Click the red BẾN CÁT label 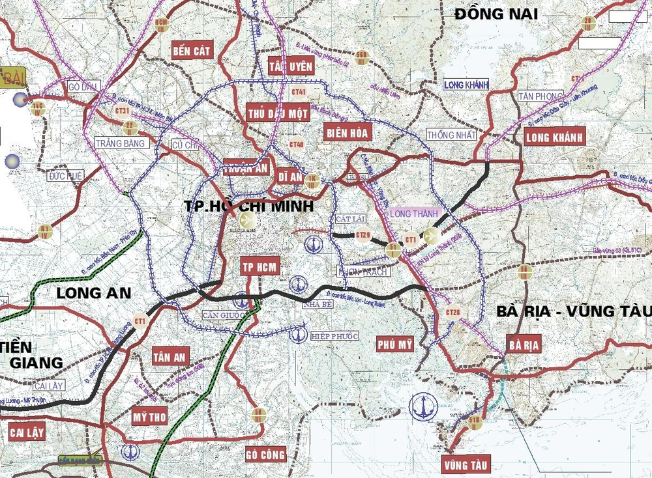(192, 51)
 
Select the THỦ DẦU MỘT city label (277, 113)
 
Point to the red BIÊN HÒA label (347, 132)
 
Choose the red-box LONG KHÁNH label (555, 135)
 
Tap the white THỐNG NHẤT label (451, 134)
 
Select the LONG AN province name (94, 293)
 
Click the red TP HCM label (260, 266)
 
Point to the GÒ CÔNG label (266, 453)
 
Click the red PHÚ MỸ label (395, 344)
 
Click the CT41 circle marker (299, 92)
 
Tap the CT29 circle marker (363, 236)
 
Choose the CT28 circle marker (453, 313)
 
